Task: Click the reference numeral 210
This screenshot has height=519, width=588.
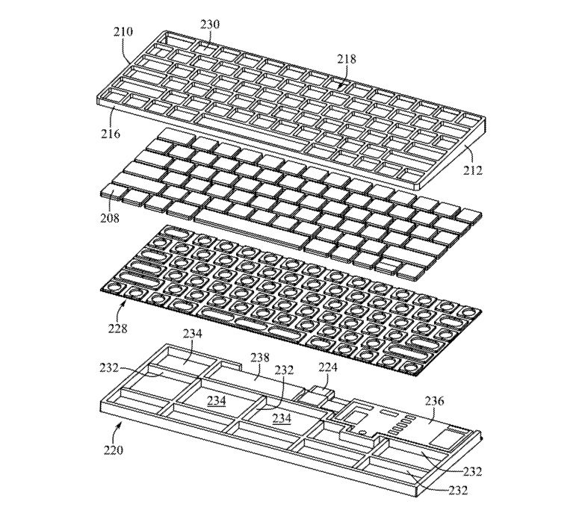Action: (123, 31)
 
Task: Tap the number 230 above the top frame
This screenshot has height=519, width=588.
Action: (210, 25)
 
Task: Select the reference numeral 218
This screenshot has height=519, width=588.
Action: (346, 59)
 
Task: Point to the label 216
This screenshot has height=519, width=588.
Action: (111, 133)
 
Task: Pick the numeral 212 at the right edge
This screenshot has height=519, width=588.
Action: (472, 170)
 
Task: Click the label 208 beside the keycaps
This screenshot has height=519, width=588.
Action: (110, 218)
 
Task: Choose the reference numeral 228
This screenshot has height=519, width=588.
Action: (118, 329)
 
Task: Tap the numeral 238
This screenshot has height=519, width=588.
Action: (259, 358)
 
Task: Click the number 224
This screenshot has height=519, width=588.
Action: (328, 367)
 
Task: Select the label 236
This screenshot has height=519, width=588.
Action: (434, 401)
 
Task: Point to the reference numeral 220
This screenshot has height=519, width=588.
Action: (114, 449)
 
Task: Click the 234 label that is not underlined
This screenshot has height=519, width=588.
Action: (192, 333)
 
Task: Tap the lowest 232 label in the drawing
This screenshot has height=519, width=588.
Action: (457, 490)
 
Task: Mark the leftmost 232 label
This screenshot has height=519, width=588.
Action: (110, 368)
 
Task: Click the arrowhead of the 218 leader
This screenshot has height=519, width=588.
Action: (339, 87)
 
